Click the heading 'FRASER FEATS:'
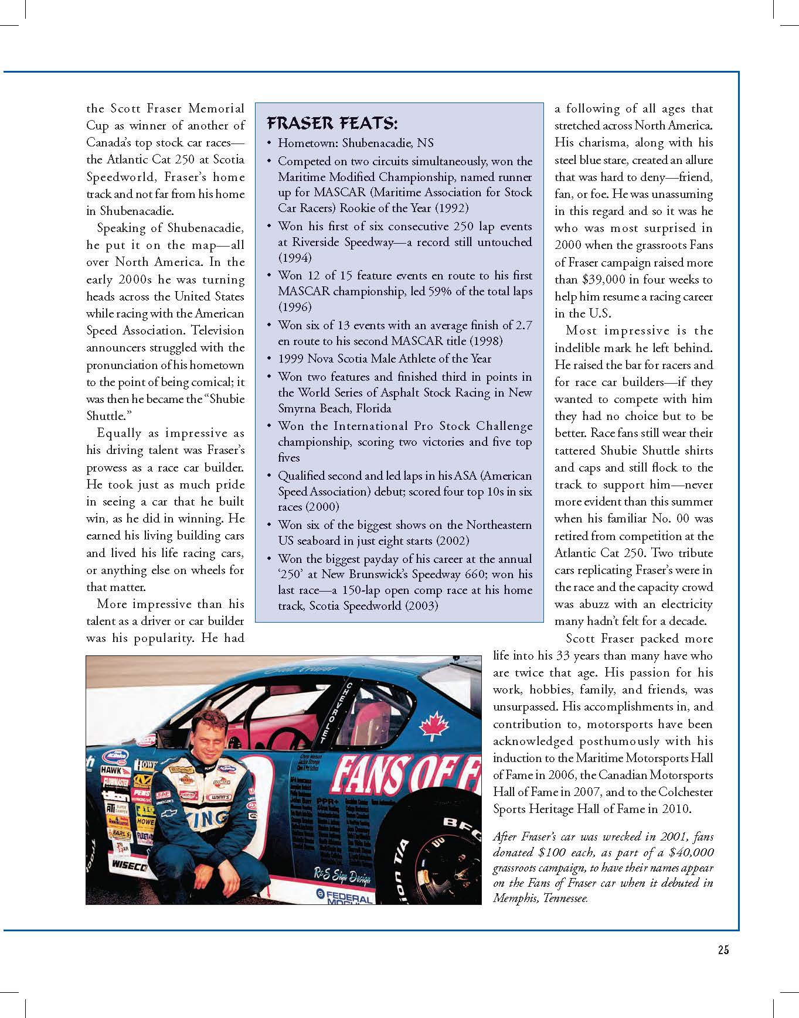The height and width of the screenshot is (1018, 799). pos(332,124)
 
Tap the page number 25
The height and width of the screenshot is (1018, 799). pos(723,950)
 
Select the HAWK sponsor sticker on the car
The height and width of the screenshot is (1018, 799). pos(111,770)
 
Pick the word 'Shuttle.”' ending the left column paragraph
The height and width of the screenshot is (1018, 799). pos(106,416)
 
